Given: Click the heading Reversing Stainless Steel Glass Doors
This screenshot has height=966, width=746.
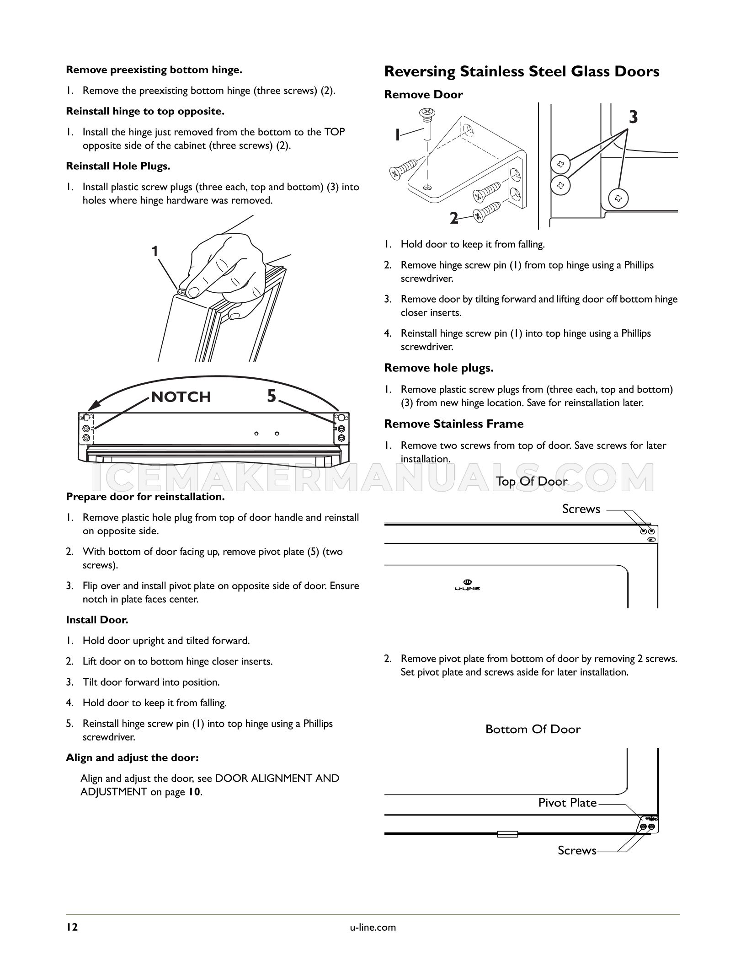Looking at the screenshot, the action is (522, 72).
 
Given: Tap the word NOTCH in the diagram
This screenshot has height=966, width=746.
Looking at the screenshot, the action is (181, 397).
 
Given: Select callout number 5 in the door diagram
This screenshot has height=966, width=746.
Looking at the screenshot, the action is (272, 396).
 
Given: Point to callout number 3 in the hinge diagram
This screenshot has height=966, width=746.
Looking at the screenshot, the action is (633, 118).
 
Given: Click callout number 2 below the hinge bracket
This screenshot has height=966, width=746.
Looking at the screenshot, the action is (453, 219).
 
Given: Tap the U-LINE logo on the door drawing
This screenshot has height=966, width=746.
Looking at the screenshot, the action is (467, 585).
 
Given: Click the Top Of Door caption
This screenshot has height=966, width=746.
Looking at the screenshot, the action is (532, 481).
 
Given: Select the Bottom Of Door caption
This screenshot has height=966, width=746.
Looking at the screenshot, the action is (533, 729).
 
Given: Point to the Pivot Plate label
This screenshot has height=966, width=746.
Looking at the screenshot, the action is (567, 803).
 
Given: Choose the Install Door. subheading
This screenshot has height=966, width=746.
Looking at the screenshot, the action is (97, 620).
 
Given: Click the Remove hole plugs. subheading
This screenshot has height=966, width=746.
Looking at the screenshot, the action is (439, 368).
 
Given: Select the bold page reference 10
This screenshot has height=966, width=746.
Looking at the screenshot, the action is (194, 792).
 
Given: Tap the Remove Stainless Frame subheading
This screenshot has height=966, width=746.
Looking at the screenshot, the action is (454, 424).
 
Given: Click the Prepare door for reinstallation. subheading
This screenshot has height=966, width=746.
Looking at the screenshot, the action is (145, 497).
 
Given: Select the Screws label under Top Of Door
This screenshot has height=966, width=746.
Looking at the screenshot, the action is (581, 509).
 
